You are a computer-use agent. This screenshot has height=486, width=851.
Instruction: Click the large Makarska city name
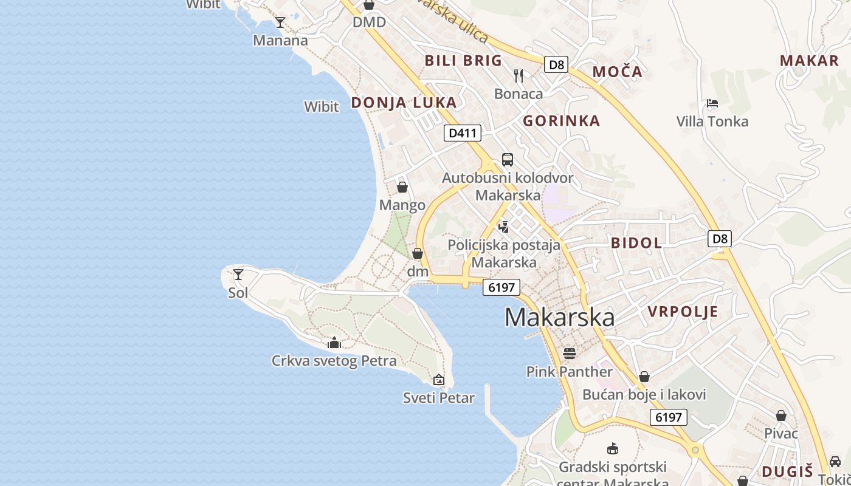(559, 318)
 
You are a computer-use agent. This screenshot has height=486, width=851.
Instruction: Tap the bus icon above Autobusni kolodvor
(508, 160)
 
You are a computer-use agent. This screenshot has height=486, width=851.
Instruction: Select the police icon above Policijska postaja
(503, 227)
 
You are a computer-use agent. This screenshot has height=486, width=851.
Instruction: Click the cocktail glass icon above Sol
(238, 275)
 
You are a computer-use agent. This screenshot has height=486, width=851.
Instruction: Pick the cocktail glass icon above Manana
(280, 22)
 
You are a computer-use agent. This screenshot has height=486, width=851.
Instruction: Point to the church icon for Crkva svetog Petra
(334, 343)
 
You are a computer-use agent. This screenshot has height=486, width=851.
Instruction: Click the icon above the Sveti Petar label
(439, 380)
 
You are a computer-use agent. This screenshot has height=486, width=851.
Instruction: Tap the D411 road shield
(463, 133)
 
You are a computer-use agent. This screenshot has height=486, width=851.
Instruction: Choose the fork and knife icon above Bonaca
(519, 76)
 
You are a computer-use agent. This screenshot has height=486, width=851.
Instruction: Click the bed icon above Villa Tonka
(712, 103)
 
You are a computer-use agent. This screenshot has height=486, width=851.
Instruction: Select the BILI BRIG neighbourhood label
(463, 60)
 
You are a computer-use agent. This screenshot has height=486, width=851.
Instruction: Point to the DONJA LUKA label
(404, 103)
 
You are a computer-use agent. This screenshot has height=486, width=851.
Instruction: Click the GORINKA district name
(561, 121)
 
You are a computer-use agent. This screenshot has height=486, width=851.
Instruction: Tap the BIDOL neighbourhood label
(636, 243)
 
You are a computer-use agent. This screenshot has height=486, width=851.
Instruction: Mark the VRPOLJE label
(683, 312)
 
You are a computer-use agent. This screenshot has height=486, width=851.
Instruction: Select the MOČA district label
(617, 72)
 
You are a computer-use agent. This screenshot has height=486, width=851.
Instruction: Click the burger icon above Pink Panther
(570, 353)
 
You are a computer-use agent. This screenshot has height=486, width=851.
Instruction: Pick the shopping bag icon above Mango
(402, 187)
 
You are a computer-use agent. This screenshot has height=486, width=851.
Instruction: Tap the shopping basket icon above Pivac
(781, 416)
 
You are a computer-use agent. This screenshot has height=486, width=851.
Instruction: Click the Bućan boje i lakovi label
(644, 395)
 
